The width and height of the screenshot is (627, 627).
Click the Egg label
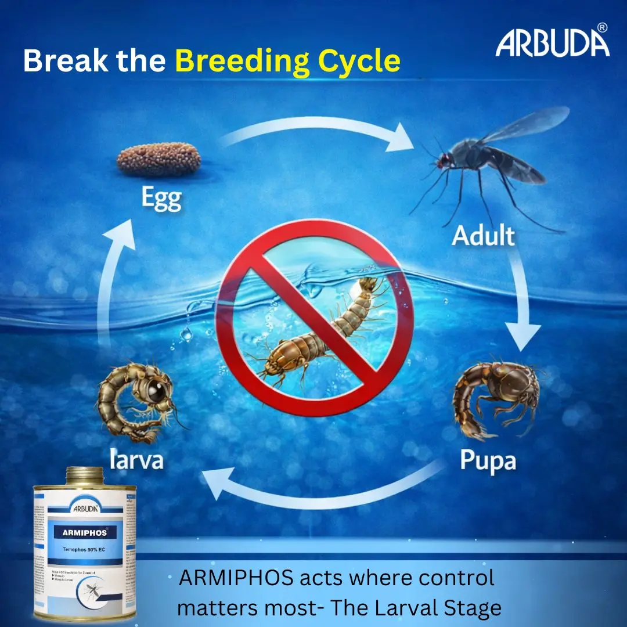161,200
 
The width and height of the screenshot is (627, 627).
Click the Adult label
484,236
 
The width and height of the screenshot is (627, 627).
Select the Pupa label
488,460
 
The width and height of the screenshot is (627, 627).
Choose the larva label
137,460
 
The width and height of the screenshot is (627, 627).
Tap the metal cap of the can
85,476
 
